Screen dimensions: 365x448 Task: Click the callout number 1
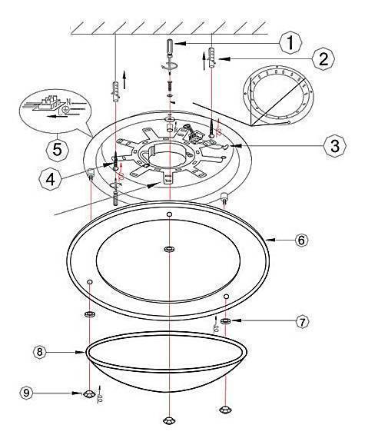[x=290, y=43]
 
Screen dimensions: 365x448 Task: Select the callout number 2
[x=324, y=59]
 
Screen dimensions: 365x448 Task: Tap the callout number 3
[x=335, y=145]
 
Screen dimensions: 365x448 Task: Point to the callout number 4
[x=50, y=179]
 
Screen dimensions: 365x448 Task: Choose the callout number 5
[x=57, y=150]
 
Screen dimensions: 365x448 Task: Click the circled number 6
[x=301, y=240]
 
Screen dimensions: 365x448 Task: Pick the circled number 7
[x=303, y=322]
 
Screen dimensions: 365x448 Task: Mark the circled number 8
[x=39, y=352]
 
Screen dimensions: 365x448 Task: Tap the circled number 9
[x=26, y=393]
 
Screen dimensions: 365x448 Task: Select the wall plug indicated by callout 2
[x=212, y=58]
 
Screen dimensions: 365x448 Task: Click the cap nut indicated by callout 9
[x=88, y=394]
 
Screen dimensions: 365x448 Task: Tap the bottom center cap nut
[x=169, y=420]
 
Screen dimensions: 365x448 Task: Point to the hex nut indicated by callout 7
[x=226, y=321]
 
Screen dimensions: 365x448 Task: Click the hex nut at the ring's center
[x=170, y=249]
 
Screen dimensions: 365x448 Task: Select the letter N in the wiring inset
[x=68, y=101]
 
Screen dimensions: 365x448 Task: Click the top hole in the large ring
[x=170, y=214]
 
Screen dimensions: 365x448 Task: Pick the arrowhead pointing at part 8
[x=81, y=352]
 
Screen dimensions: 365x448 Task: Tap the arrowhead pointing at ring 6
[x=270, y=240]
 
